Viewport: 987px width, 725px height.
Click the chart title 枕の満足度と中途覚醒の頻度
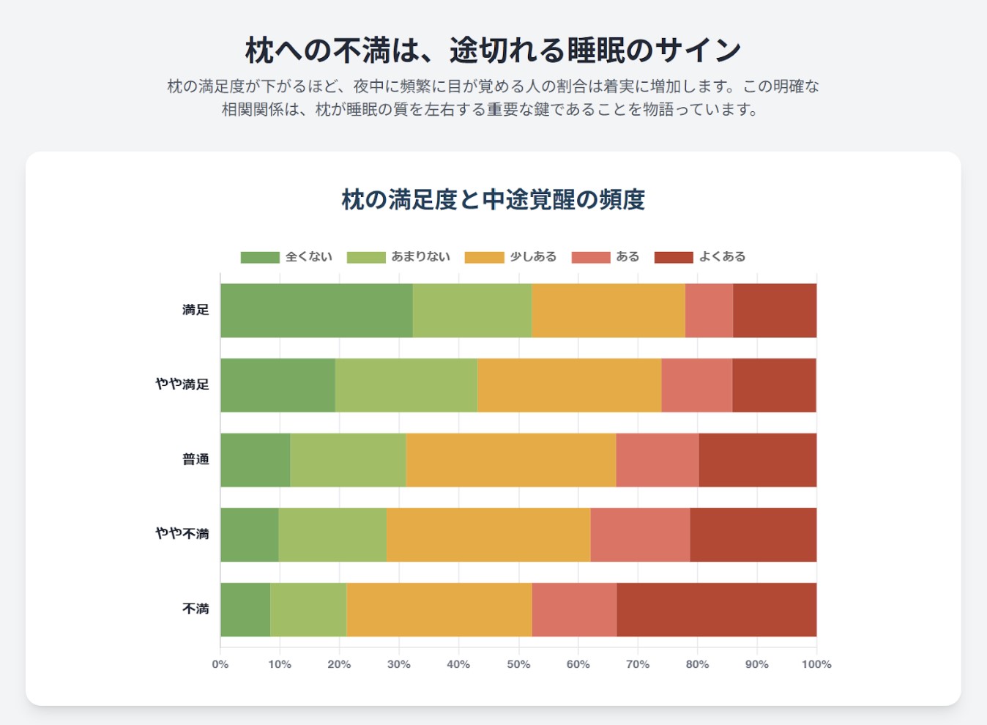point(493,200)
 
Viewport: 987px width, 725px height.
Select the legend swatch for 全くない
point(260,257)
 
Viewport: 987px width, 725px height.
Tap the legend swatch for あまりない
point(366,257)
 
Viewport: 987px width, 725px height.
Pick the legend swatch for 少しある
point(485,257)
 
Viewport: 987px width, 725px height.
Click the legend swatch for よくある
point(674,257)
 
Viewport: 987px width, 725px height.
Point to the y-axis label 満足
point(195,310)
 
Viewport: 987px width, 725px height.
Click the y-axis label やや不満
point(182,534)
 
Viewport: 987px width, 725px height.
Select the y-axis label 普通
point(195,459)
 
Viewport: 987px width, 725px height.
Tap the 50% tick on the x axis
point(518,664)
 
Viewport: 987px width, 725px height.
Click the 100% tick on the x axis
point(816,664)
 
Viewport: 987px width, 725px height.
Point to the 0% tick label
point(220,664)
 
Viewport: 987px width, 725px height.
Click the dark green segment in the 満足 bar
point(316,311)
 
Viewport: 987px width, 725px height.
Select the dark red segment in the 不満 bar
point(716,609)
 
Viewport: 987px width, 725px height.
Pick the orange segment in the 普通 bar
point(510,460)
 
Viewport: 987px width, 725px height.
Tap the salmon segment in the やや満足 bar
point(696,385)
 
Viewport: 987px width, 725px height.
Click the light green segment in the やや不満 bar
point(332,535)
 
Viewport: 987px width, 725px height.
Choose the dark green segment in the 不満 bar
point(245,609)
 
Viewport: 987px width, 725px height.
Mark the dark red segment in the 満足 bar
point(775,311)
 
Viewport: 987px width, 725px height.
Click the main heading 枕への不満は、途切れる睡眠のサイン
point(493,51)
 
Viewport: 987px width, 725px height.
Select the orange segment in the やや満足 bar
point(569,385)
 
